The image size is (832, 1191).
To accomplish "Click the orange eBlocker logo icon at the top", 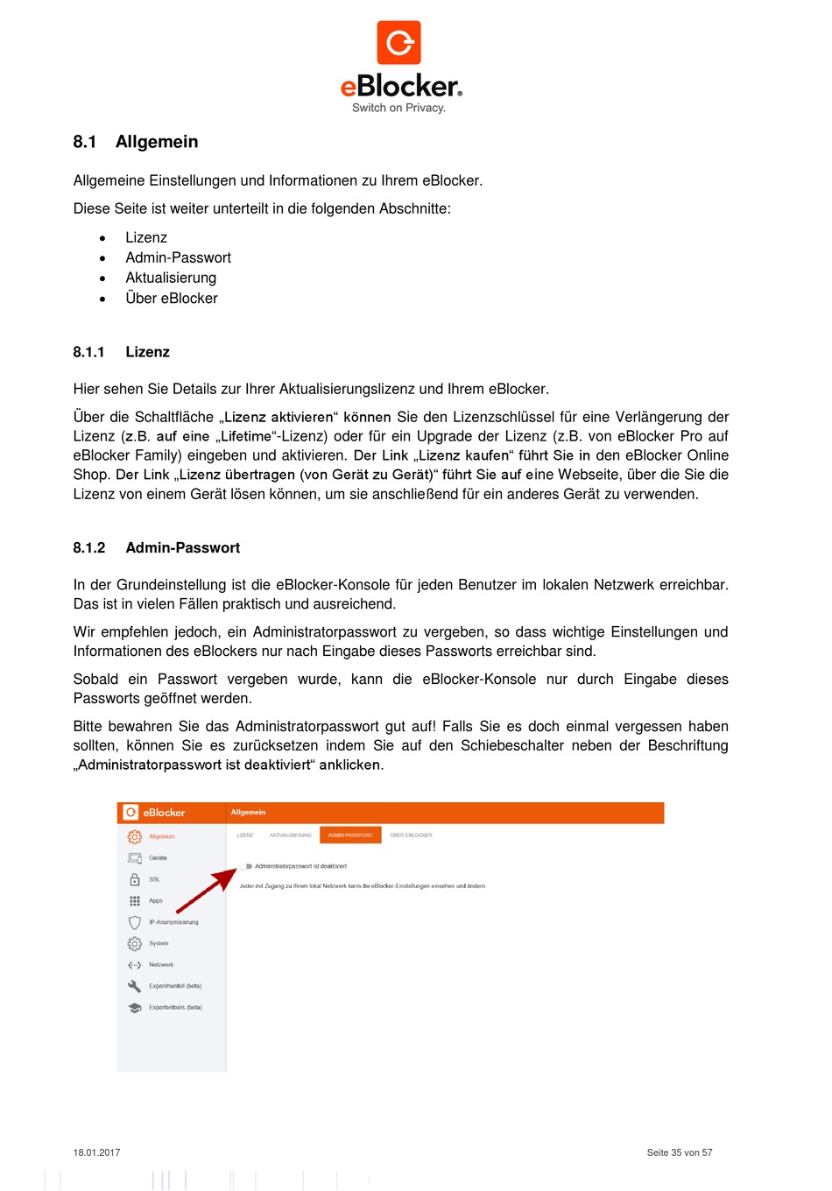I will [x=398, y=43].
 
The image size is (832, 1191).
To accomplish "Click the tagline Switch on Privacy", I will [x=398, y=108].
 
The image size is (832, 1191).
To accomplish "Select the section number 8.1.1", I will [x=88, y=352].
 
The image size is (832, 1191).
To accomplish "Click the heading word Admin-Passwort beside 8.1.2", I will [x=182, y=548].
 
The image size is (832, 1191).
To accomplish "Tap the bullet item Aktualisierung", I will [x=171, y=278].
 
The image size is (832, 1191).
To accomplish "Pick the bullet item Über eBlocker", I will [x=172, y=298].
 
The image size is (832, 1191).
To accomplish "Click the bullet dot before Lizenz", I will [x=102, y=238].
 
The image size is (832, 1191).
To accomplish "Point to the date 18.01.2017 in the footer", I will [x=96, y=1152].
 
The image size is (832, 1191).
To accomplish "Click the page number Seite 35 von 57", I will [x=679, y=1152].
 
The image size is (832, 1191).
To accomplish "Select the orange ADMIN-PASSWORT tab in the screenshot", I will [x=350, y=835].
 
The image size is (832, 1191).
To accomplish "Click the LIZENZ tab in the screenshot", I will [x=245, y=835].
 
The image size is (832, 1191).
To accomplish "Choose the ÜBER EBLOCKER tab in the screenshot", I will [x=411, y=835].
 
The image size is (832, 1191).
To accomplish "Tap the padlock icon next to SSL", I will [x=135, y=879].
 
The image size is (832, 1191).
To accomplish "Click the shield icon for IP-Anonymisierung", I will [x=135, y=922].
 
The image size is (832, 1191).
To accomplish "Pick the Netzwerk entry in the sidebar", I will [x=161, y=965].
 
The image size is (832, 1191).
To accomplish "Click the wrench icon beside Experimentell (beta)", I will [x=135, y=986].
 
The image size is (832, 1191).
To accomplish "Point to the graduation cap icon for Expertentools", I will [x=135, y=1008].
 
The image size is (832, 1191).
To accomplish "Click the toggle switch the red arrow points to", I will [x=249, y=866].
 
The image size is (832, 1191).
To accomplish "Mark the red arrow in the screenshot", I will [x=207, y=891].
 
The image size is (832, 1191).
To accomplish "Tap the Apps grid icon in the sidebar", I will [x=135, y=901].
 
